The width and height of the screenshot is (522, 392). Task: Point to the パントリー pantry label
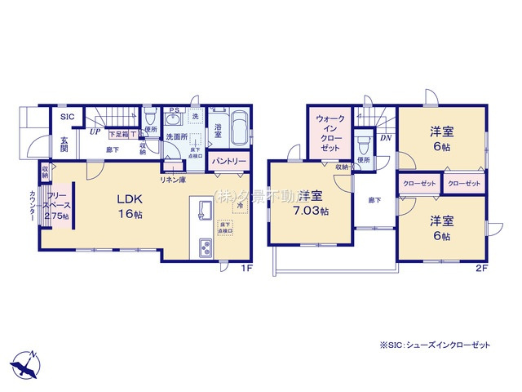229,162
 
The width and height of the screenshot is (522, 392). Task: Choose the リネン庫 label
171,180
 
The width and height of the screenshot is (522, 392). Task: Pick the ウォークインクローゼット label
329,132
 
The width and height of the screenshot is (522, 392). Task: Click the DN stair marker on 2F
386,139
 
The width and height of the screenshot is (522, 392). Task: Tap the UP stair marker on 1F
95,131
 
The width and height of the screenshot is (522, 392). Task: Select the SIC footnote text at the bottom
436,345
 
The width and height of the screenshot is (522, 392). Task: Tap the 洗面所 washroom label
176,136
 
